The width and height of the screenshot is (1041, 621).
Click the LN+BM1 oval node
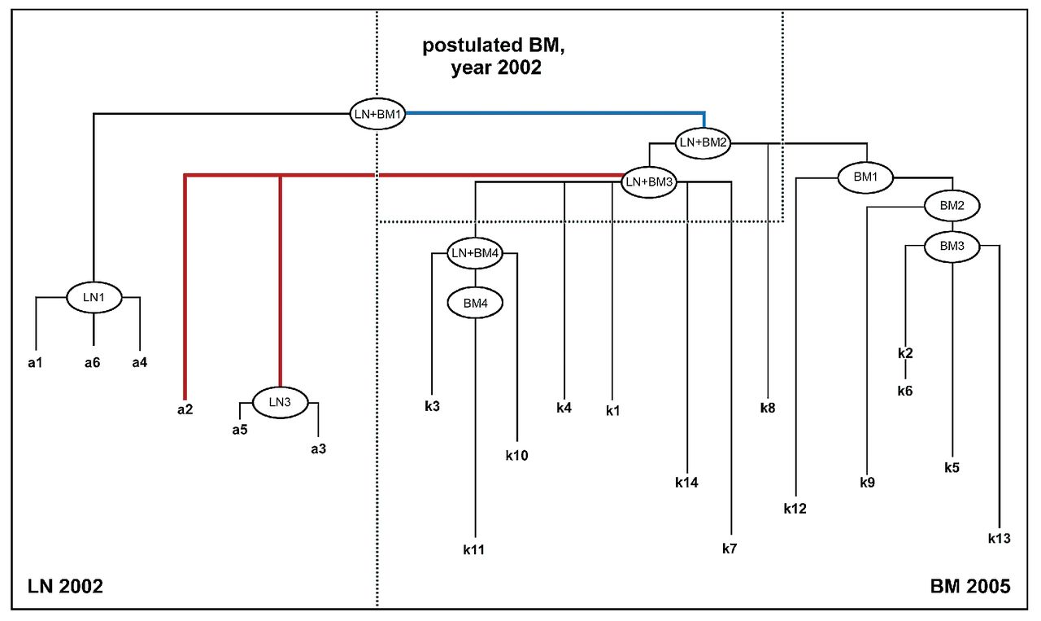377,113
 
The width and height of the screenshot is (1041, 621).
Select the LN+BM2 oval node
703,142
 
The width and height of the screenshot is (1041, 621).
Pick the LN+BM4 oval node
475,253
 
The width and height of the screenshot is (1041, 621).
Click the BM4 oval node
475,304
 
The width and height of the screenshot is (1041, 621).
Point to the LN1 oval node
94,298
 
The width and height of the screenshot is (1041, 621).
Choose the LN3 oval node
280,401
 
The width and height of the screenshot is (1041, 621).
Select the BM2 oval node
952,206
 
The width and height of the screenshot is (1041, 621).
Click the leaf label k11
474,550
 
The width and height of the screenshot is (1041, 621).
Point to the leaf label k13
1000,538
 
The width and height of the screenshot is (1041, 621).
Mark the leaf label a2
185,409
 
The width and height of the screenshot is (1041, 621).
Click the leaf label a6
92,362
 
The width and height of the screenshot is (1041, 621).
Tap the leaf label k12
795,509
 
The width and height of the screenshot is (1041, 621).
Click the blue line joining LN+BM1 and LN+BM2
553,113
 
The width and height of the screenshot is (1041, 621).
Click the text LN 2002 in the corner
66,586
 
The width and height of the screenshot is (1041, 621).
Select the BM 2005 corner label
969,586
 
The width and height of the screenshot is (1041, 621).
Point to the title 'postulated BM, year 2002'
493,56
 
